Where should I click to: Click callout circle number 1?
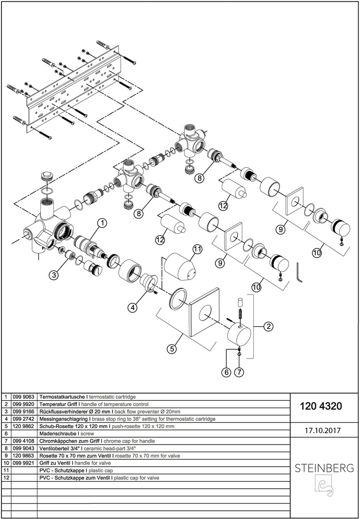point(102,222)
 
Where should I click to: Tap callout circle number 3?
point(54,275)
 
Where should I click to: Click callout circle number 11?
point(197,249)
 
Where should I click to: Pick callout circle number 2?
point(268,327)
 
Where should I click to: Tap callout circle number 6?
point(226,371)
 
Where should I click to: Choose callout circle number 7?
point(240,371)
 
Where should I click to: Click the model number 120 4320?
point(321,406)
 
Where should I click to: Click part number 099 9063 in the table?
point(26,397)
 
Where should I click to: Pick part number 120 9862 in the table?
point(26,426)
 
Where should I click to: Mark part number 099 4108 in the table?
point(26,441)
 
